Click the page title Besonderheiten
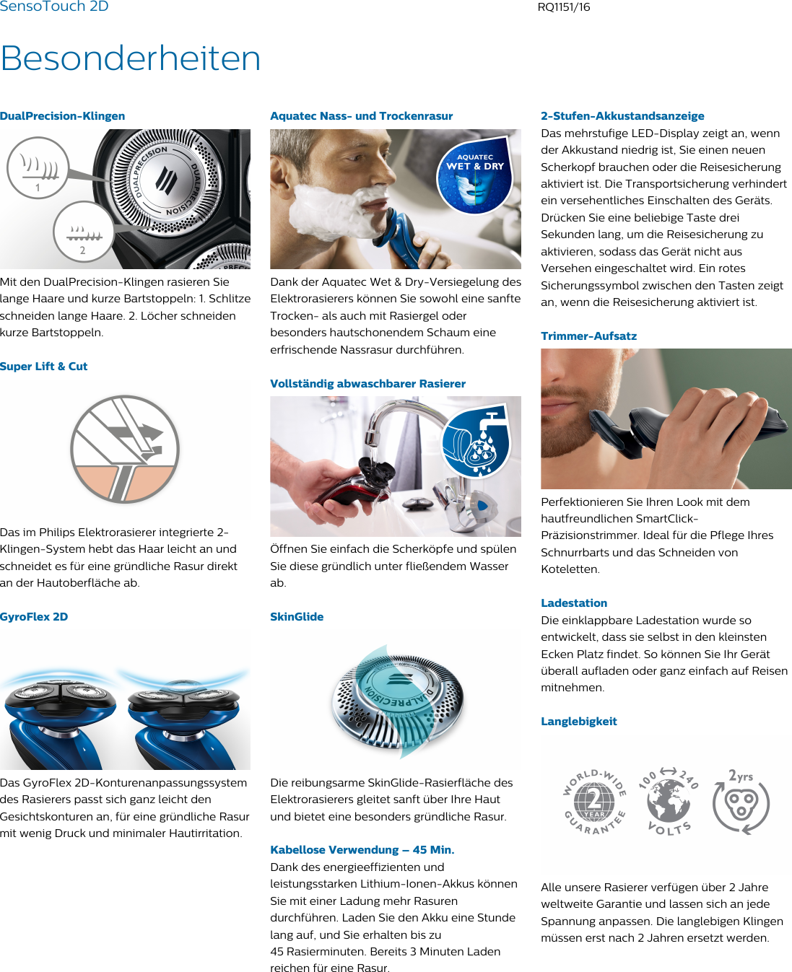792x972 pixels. click(x=131, y=58)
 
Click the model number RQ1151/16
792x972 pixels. click(x=563, y=7)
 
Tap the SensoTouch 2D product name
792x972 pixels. click(x=54, y=6)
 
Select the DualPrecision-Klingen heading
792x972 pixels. click(x=63, y=116)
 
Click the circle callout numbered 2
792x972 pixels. click(x=83, y=231)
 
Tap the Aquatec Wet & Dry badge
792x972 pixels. click(x=474, y=173)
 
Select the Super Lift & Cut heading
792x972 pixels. click(x=44, y=367)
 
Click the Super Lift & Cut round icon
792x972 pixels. click(x=125, y=449)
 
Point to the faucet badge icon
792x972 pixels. click(x=476, y=441)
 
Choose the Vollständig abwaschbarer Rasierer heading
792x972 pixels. click(x=367, y=384)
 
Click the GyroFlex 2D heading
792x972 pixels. click(x=34, y=617)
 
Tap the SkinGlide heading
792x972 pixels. click(x=297, y=617)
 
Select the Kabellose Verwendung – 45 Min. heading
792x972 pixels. click(x=362, y=850)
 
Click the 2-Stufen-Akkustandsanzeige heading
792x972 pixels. click(x=622, y=116)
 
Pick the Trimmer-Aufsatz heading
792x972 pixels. click(x=588, y=336)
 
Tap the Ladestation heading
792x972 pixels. click(x=574, y=603)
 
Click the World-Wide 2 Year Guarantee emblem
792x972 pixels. click(x=594, y=802)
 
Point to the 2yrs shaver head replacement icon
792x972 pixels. click(x=741, y=802)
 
